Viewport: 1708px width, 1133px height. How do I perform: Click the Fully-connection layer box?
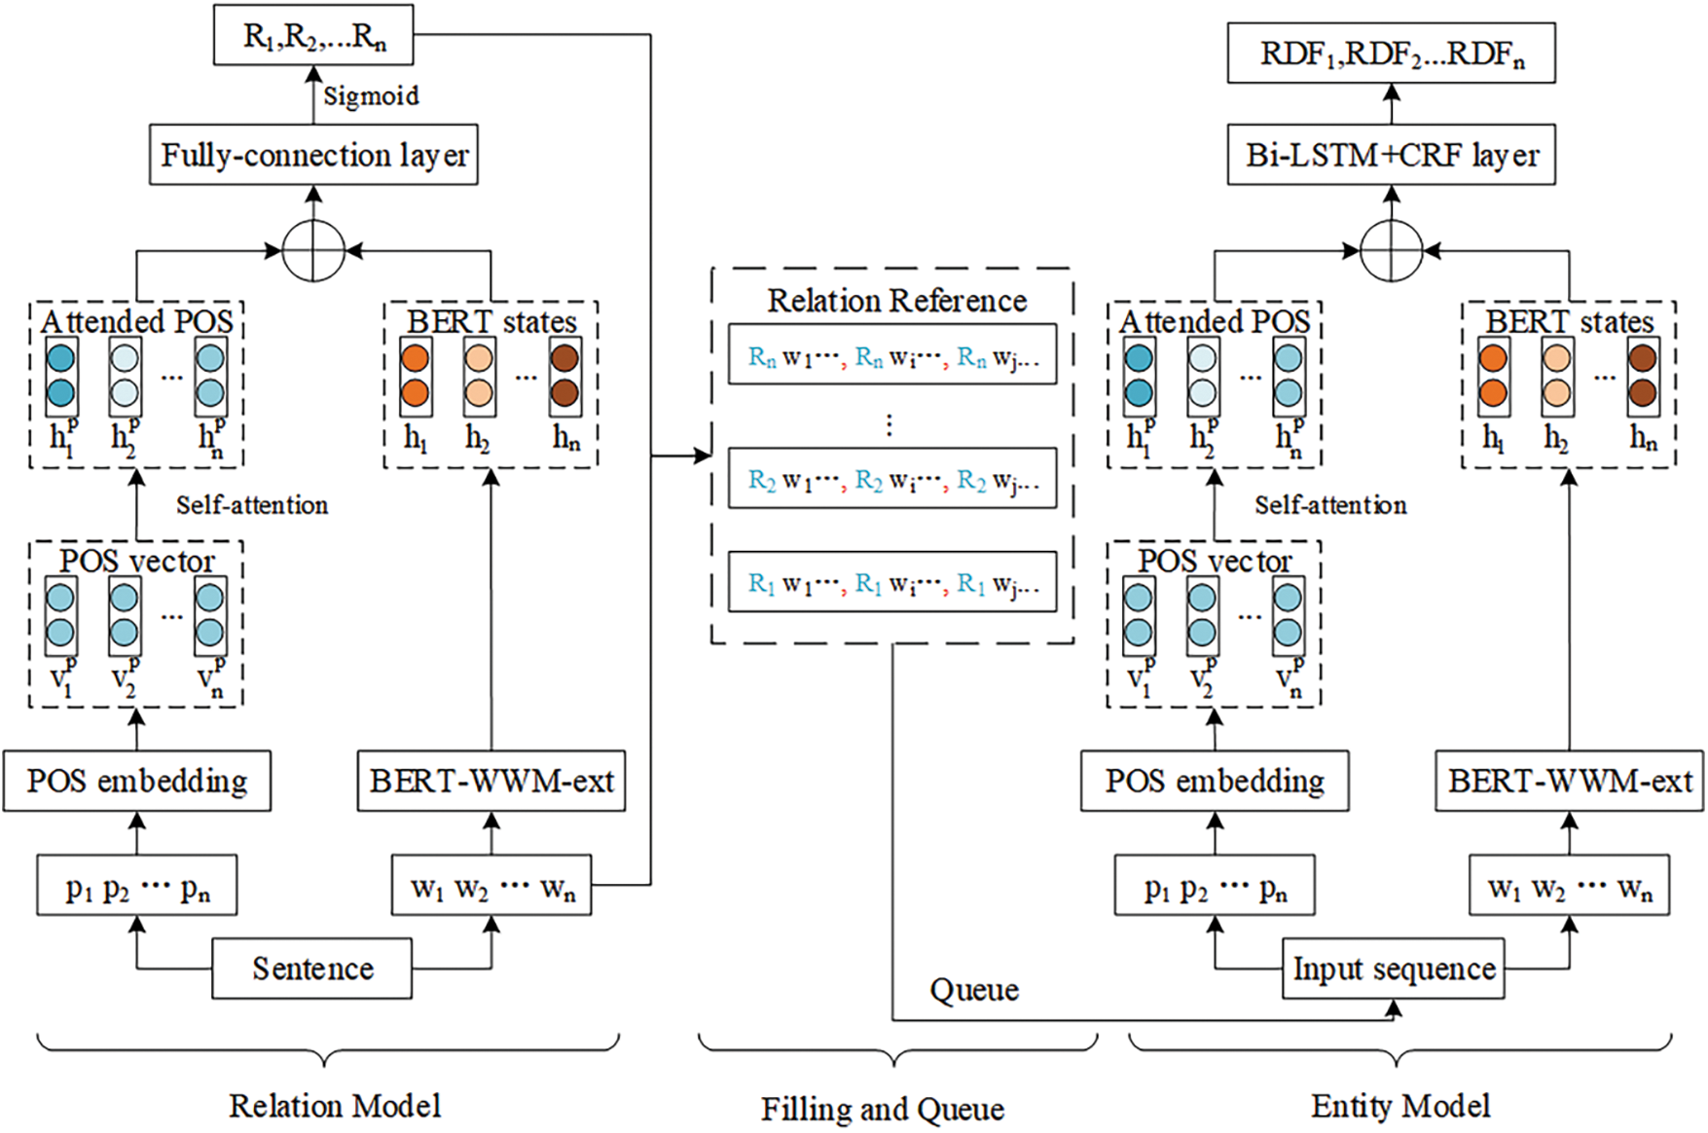coord(313,155)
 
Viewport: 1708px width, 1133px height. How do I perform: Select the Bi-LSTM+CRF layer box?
coord(1392,155)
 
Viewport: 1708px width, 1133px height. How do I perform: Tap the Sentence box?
coord(312,969)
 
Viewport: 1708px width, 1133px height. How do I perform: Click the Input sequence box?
coord(1394,969)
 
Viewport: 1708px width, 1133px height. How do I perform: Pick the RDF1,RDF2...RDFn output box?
coord(1392,53)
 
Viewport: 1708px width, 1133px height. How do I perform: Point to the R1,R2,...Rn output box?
coord(313,35)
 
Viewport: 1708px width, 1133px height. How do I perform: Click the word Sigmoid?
coord(371,96)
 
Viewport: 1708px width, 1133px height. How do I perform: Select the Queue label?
coord(974,990)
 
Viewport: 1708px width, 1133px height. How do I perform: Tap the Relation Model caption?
coord(335,1105)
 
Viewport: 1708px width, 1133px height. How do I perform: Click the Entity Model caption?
coord(1400,1105)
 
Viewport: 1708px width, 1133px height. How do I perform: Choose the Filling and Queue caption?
coord(883,1109)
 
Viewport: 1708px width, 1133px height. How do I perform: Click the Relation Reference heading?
coord(896,301)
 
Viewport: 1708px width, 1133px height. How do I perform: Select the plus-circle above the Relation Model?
coord(313,250)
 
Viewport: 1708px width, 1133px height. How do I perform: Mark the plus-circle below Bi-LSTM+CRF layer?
coord(1392,250)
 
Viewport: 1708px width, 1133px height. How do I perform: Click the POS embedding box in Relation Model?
coord(137,781)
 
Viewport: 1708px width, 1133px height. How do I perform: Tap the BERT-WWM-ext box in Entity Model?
coord(1570,781)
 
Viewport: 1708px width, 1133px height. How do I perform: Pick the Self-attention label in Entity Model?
coord(1330,505)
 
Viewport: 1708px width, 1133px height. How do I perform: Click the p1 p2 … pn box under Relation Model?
coord(137,885)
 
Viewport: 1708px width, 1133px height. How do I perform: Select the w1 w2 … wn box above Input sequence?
coord(1570,885)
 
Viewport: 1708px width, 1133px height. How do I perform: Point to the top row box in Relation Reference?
coord(892,354)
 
